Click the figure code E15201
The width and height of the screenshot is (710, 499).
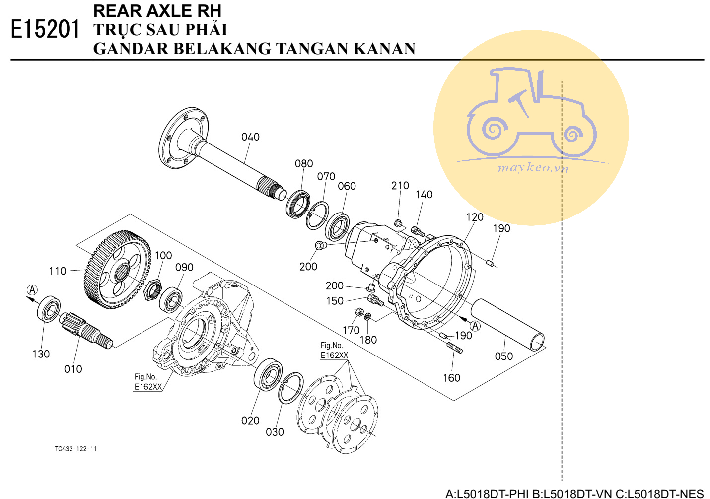45,29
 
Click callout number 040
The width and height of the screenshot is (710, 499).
250,137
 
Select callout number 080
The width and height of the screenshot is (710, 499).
304,164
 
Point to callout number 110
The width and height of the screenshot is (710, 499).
58,271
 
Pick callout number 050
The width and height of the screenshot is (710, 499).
503,356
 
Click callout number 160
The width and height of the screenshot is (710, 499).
451,378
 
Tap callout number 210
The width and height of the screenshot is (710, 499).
400,186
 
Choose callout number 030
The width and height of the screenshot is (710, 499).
275,432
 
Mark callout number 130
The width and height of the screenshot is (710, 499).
41,354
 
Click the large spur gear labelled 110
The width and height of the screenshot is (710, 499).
118,270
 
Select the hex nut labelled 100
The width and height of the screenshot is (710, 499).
152,290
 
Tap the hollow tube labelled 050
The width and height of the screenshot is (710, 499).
506,323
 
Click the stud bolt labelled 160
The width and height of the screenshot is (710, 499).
454,347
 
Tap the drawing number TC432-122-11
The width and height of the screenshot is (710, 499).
76,449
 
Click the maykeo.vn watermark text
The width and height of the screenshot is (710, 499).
533,168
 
